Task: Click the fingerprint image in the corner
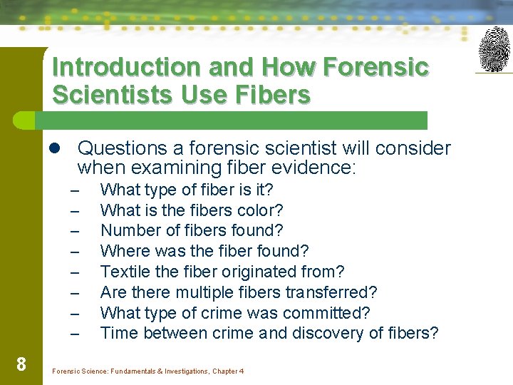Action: [494, 49]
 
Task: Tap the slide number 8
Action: [21, 365]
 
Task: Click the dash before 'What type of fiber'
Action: [73, 190]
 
